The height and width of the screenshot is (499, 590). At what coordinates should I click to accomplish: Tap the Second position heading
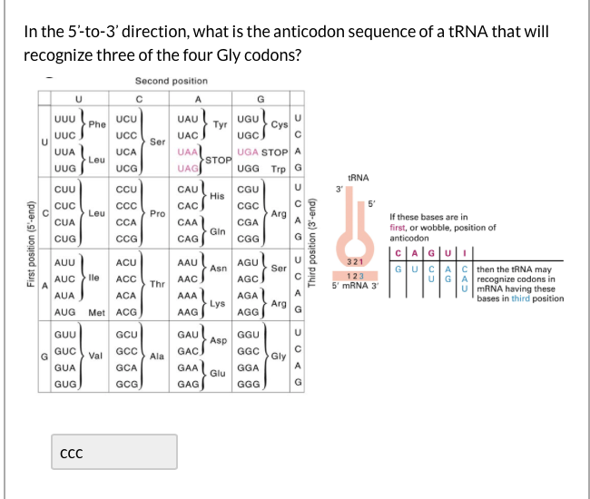click(171, 81)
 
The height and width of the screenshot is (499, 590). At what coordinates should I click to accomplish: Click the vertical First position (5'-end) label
click(30, 244)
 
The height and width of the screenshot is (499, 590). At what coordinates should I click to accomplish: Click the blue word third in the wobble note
click(520, 298)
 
